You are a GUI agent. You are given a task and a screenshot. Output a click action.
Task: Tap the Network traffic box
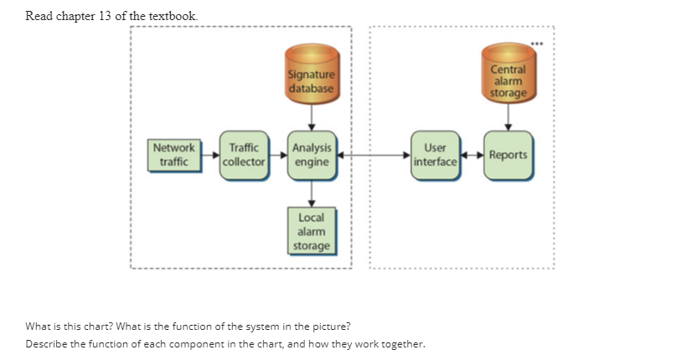173,154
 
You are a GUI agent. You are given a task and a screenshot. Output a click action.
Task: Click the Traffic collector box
243,155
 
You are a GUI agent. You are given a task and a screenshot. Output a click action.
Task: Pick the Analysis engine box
312,155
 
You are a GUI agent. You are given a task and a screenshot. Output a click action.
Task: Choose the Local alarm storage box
312,230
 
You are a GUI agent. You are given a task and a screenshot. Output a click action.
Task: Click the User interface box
436,155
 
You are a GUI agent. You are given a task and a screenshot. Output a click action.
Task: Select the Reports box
508,155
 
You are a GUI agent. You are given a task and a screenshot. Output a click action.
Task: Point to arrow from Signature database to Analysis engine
312,116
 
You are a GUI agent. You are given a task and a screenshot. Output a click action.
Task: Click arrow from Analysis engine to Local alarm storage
312,193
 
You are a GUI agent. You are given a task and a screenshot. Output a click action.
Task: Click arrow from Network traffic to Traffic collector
209,155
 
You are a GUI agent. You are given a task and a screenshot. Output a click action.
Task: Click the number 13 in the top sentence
106,16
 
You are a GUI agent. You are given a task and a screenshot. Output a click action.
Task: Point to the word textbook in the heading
173,16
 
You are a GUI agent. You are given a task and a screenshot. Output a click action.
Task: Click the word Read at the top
40,16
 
